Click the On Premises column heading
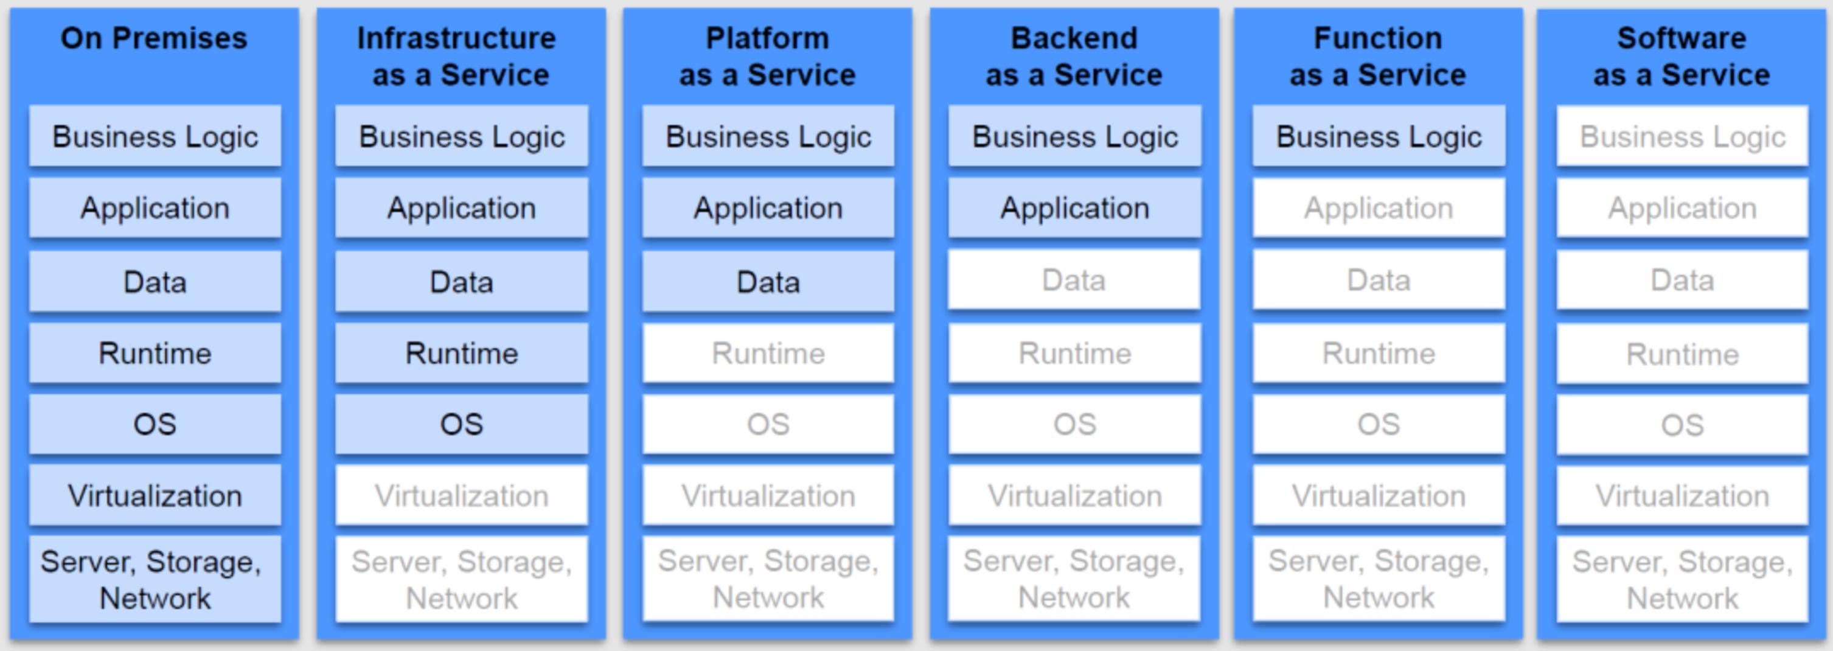tap(154, 38)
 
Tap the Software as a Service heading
tap(1682, 56)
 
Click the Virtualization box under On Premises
tap(155, 495)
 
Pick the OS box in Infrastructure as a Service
tap(462, 424)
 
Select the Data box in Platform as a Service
tap(768, 282)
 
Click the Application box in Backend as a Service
tap(1074, 207)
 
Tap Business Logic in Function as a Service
tap(1379, 136)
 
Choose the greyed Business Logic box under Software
tap(1682, 136)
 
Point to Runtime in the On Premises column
tap(155, 353)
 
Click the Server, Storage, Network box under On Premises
tap(155, 579)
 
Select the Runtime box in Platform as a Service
tap(768, 353)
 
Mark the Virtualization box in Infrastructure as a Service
tap(462, 495)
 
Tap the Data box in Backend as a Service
tap(1074, 280)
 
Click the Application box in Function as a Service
tap(1379, 207)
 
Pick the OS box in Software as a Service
tap(1682, 425)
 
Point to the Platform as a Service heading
tap(767, 56)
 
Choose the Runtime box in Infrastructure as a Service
tap(462, 353)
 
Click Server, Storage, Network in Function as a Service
tap(1379, 579)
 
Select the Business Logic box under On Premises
tap(155, 136)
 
